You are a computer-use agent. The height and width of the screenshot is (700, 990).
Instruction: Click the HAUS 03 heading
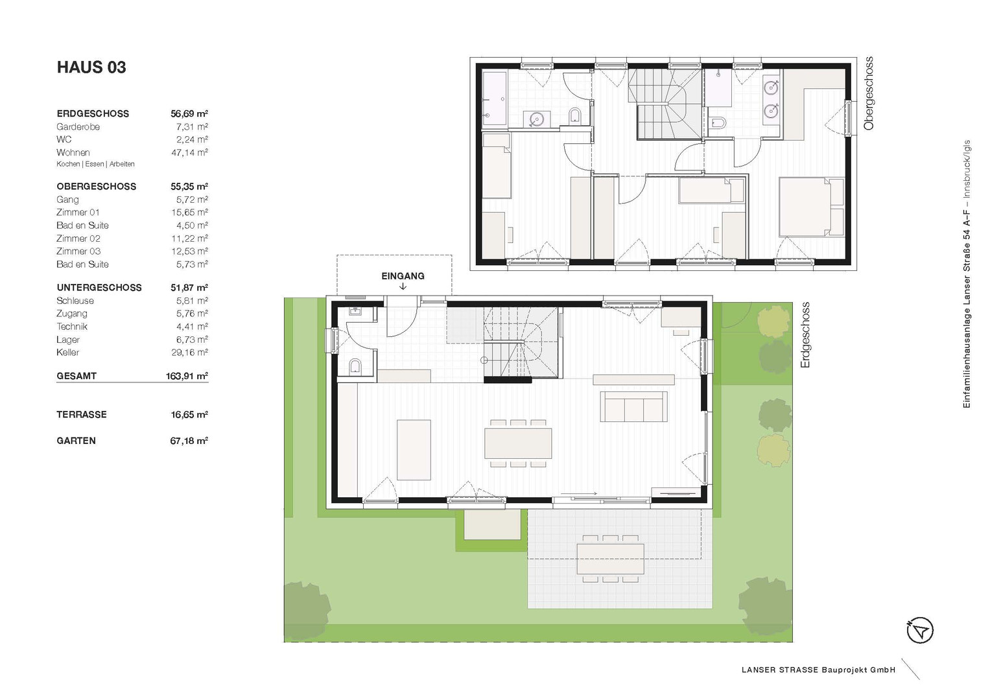pos(91,67)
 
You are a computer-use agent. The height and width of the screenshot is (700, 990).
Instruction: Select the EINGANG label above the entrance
pos(403,276)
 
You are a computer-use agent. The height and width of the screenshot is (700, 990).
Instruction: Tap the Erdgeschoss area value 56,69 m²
pos(189,113)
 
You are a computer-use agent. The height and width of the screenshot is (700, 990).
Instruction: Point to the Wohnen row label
pos(73,152)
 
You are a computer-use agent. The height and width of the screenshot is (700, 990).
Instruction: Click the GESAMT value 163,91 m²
pos(187,376)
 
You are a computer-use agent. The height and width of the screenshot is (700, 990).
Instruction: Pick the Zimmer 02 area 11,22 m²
pos(189,239)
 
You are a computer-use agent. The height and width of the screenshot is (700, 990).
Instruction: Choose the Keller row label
pos(67,352)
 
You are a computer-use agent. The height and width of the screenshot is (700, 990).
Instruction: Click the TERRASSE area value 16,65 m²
pos(189,415)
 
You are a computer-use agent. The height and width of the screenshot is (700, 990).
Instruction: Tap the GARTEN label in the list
pos(76,441)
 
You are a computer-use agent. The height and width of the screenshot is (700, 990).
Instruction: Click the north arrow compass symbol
pos(920,630)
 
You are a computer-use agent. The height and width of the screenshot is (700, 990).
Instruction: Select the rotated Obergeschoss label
pos(869,93)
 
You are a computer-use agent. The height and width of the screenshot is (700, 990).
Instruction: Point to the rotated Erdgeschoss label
pos(805,335)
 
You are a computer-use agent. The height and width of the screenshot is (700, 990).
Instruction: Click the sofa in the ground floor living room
pos(633,406)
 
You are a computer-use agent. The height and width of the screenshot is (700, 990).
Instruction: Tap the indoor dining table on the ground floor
pos(518,443)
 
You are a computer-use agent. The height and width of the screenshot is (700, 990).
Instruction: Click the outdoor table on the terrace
pos(610,559)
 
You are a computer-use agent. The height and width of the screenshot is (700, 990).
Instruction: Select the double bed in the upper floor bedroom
pos(812,207)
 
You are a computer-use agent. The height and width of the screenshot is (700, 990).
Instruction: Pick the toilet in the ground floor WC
pos(355,366)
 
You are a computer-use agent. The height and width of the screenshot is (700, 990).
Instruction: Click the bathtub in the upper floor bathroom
pos(495,99)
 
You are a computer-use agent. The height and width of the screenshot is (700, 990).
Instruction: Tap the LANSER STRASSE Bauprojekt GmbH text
pos(819,670)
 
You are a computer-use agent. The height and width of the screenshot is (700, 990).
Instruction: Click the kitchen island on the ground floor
pos(414,450)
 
